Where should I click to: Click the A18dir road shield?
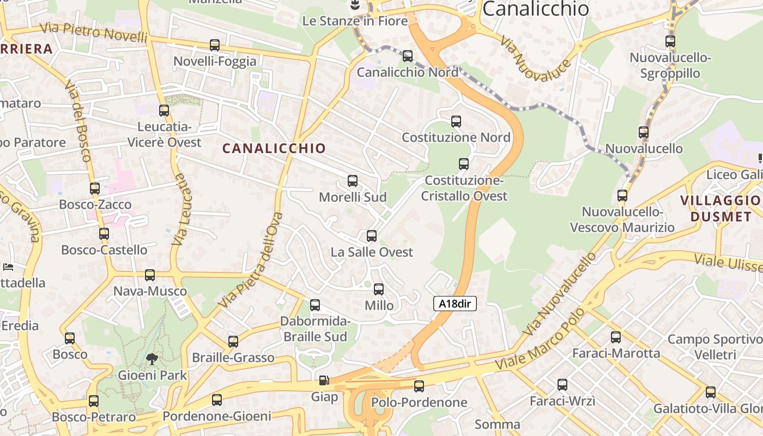click(455, 304)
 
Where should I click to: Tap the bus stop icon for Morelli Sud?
click(353, 181)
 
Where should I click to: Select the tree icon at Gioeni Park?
click(152, 359)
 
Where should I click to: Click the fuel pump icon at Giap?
click(324, 380)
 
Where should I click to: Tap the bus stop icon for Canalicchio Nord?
click(408, 56)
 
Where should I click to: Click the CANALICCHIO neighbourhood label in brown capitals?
click(274, 148)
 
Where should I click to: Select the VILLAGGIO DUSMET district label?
click(720, 208)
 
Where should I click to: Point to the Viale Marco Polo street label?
click(540, 340)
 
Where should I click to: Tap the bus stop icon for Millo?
click(379, 289)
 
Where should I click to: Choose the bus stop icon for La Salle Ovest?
click(372, 236)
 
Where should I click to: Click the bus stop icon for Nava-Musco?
click(150, 275)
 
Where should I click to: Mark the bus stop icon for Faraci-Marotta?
click(616, 337)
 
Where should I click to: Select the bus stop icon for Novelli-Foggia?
click(215, 45)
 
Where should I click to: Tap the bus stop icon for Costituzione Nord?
click(456, 122)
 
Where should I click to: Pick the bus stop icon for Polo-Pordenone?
click(419, 386)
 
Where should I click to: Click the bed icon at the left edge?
click(8, 267)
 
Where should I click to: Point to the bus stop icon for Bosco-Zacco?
click(95, 189)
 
